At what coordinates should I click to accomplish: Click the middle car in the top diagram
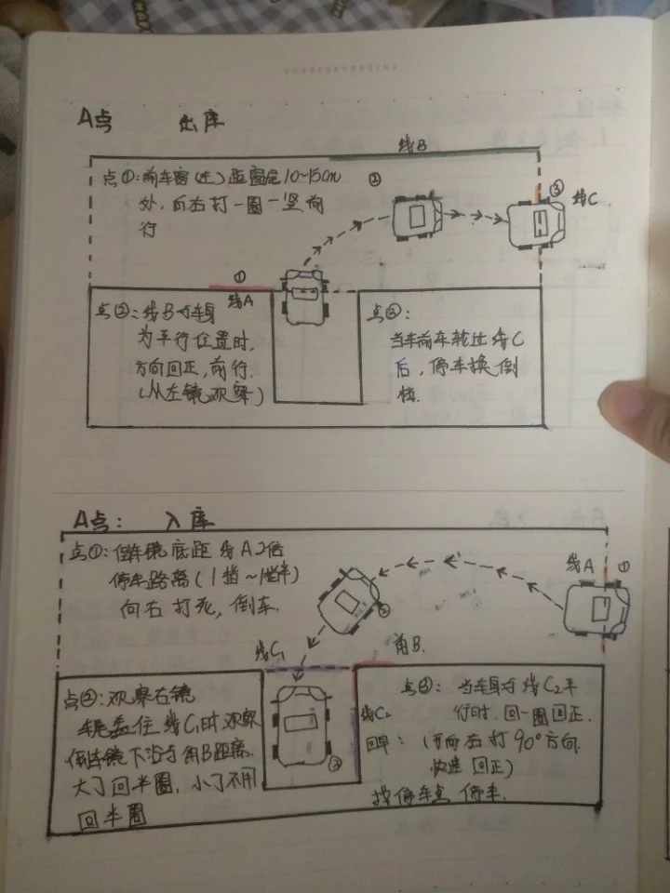pyautogui.click(x=417, y=218)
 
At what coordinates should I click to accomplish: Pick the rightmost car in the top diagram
pyautogui.click(x=537, y=223)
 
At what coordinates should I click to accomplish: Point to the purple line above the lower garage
pyautogui.click(x=307, y=667)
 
